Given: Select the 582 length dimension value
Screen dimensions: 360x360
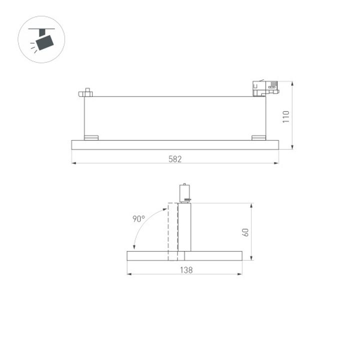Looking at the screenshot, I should [x=175, y=159].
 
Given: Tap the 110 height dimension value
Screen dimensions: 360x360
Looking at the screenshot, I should [x=286, y=116].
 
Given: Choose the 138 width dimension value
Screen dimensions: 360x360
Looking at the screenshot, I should [x=185, y=269].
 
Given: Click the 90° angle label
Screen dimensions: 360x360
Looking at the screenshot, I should [x=138, y=218].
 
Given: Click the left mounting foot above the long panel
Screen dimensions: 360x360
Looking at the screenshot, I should [x=91, y=137].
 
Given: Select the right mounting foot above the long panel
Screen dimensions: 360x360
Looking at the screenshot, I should [x=258, y=137].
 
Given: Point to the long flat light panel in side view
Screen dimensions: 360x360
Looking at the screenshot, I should [x=175, y=145].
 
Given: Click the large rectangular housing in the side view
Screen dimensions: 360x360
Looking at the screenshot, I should [x=175, y=118].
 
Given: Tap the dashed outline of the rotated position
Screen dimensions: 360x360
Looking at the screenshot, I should [x=172, y=230].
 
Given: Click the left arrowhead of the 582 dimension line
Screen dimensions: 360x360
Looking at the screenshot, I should [x=73, y=163].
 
